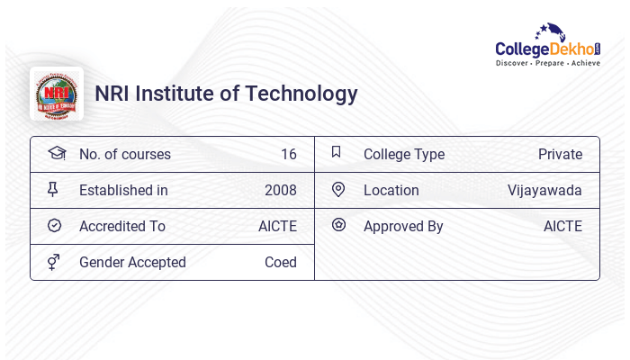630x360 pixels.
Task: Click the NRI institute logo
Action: point(57,94)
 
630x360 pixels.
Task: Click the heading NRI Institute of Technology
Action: point(226,94)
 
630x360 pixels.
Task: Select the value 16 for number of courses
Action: point(288,154)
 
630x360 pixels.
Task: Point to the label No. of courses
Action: point(124,154)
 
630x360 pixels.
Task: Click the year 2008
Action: point(280,190)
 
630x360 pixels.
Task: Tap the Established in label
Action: point(123,190)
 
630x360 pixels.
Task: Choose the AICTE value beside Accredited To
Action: point(277,226)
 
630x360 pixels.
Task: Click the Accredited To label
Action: point(122,226)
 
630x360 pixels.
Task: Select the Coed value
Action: point(280,262)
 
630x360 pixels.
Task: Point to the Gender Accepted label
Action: point(132,262)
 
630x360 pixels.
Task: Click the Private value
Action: point(560,154)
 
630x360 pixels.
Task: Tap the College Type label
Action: point(404,154)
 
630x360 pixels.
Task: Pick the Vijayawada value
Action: point(544,190)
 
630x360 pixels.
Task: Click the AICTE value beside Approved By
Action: point(562,226)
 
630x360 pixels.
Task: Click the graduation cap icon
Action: point(56,153)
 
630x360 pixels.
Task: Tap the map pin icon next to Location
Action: point(338,189)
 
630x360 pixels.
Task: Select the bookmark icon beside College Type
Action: point(337,152)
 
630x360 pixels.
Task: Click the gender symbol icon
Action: point(54,262)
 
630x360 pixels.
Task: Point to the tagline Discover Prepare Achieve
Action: point(547,64)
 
